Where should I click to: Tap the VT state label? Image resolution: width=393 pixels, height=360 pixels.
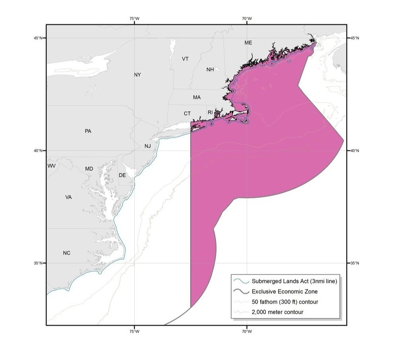click(x=185, y=59)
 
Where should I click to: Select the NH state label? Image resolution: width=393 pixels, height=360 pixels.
click(x=210, y=70)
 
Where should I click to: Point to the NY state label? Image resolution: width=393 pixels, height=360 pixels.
click(x=137, y=75)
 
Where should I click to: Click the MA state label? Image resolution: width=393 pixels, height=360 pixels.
click(x=197, y=97)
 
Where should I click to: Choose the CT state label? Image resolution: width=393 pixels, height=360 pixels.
click(x=187, y=114)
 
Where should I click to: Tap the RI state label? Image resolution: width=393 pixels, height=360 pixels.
click(x=210, y=113)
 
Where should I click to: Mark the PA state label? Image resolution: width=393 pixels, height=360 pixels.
click(x=88, y=131)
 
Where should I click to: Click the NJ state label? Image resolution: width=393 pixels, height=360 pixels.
click(x=148, y=146)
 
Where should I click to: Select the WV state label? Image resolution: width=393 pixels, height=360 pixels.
click(x=52, y=165)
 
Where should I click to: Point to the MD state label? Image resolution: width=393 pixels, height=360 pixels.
click(x=89, y=169)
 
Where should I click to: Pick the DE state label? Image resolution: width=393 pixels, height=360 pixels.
click(x=122, y=175)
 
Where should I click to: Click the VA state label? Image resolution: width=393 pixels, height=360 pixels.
click(x=68, y=197)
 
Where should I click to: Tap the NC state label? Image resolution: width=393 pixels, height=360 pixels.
click(x=67, y=253)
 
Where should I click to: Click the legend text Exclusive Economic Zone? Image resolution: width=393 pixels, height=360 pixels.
click(x=285, y=292)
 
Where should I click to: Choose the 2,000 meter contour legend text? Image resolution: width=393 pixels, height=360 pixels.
click(x=277, y=312)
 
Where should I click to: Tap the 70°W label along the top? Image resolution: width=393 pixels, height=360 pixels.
click(x=246, y=18)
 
